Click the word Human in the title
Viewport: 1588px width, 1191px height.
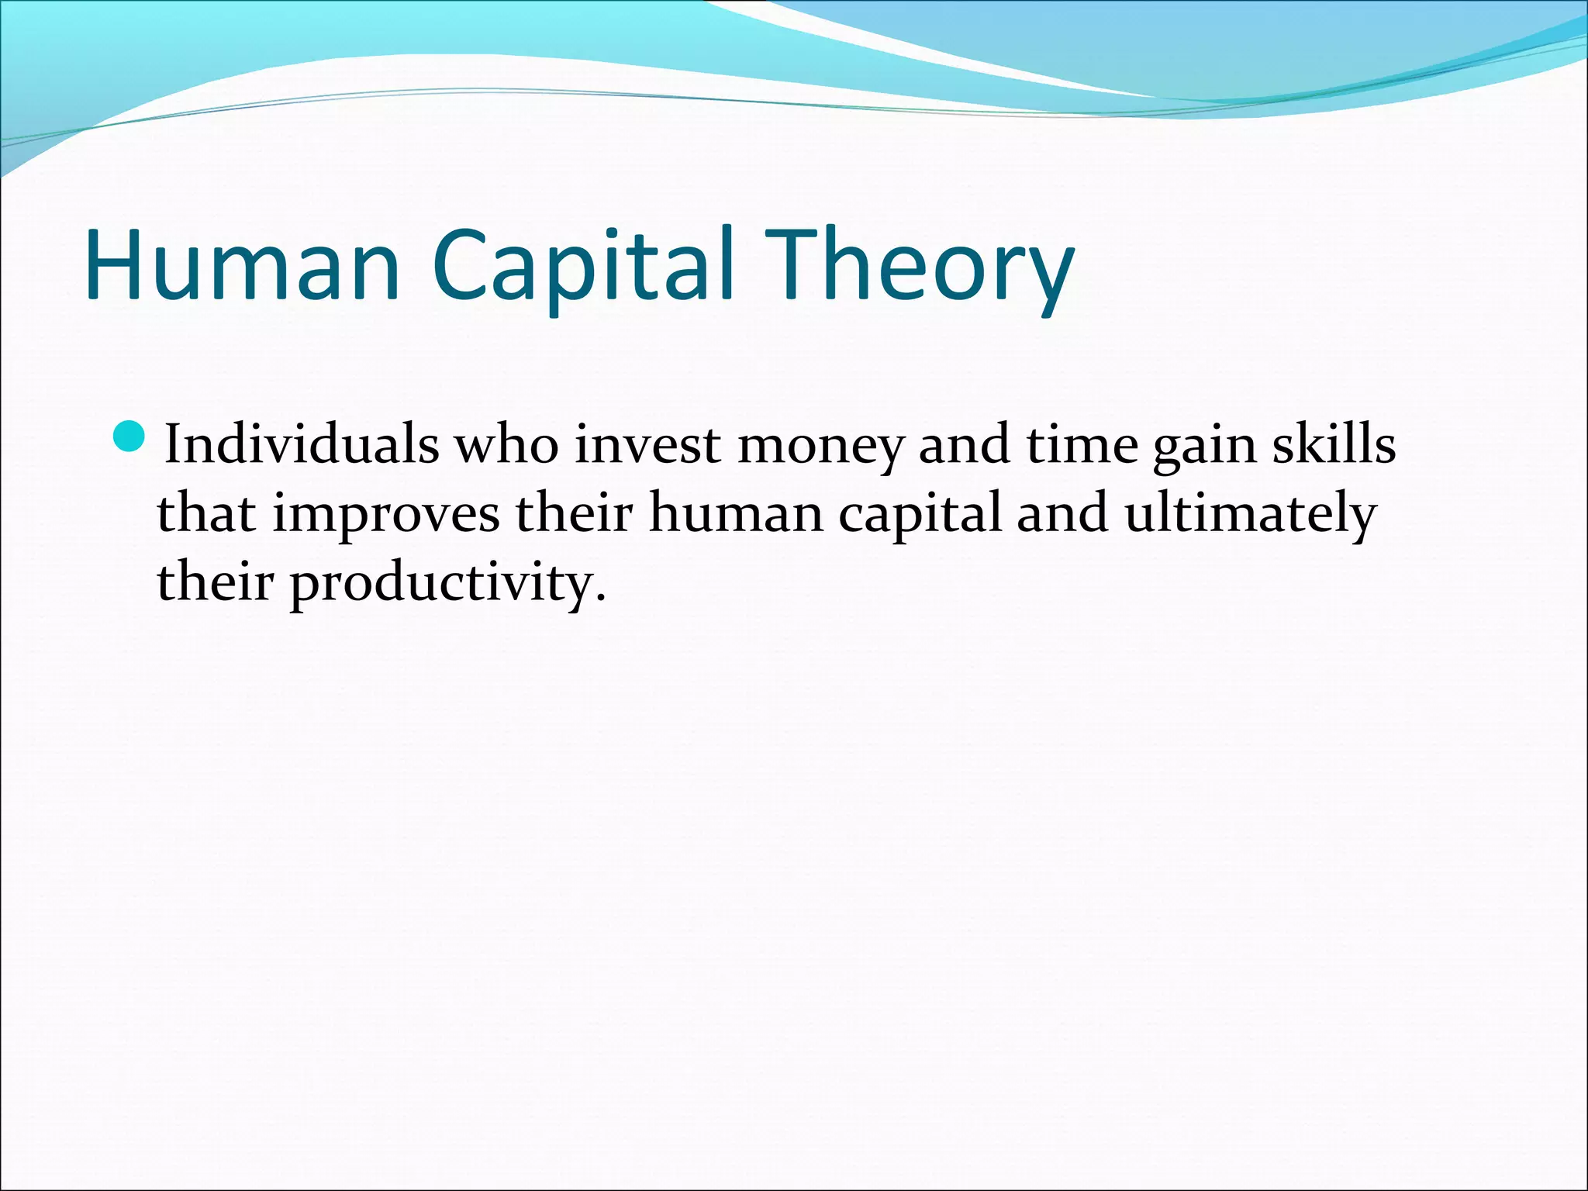(x=242, y=265)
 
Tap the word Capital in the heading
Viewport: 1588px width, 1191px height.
(x=582, y=265)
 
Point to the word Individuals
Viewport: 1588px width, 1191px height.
(x=302, y=446)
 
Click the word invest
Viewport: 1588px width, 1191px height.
(x=647, y=446)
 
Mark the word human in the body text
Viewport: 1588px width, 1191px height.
(x=736, y=514)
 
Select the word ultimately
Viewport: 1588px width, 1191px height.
(x=1250, y=514)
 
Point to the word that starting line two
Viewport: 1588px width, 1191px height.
(x=206, y=514)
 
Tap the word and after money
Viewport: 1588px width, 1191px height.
(x=964, y=446)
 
